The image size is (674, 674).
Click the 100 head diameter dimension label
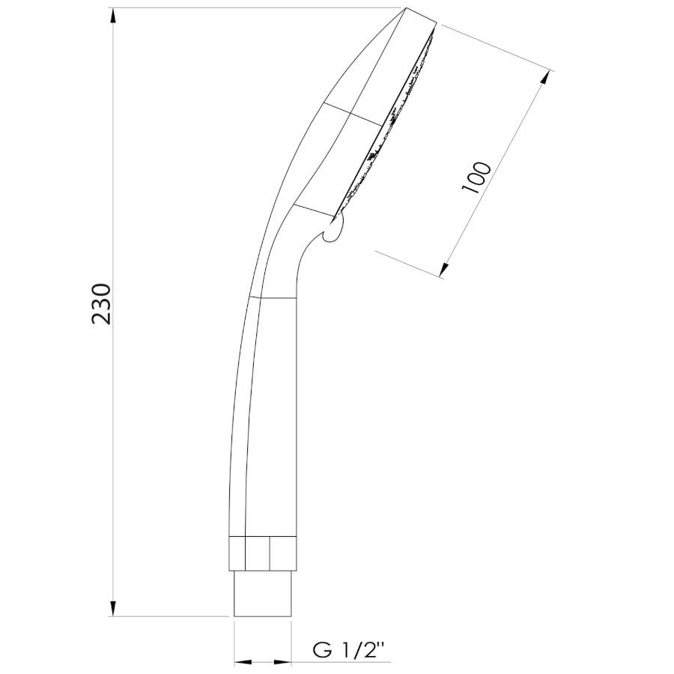point(476,177)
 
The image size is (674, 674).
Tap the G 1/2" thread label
point(348,651)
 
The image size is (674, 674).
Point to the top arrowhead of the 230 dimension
point(112,16)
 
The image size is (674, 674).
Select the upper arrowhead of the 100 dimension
point(545,79)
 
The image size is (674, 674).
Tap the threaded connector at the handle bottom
point(262,593)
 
